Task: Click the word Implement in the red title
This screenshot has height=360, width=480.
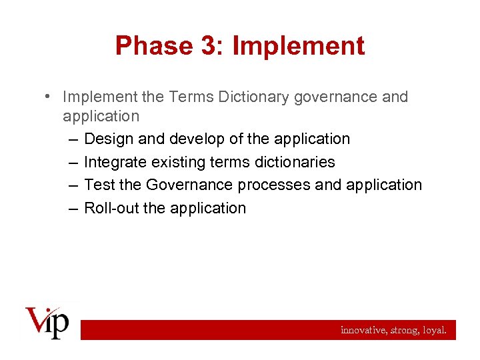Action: (298, 46)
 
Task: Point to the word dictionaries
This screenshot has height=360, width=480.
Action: (295, 162)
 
